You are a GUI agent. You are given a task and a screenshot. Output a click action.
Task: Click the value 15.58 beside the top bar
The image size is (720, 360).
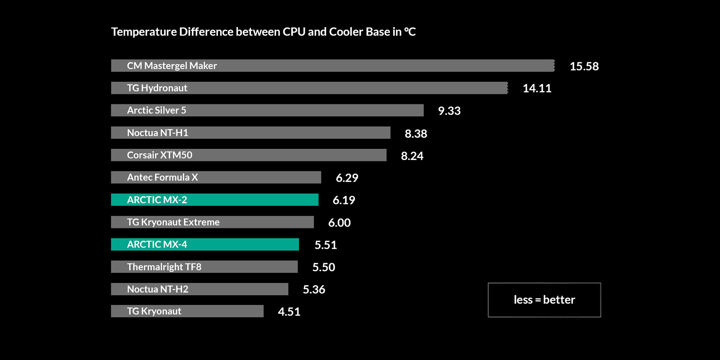[x=584, y=66]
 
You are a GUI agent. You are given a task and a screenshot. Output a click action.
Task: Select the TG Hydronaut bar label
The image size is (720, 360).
[x=157, y=88]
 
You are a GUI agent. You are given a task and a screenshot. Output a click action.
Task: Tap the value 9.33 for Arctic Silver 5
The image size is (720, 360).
[x=449, y=111]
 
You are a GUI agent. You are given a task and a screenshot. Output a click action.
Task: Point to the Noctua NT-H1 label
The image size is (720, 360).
[x=158, y=133]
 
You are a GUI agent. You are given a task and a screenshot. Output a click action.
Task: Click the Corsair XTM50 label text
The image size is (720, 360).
[x=160, y=155]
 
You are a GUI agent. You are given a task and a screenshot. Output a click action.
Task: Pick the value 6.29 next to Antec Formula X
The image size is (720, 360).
[x=347, y=178]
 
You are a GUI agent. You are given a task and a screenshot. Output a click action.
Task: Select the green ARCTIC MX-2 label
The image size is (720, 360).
[x=157, y=200]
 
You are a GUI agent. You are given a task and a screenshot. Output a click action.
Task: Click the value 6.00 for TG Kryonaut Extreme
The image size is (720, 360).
[x=339, y=223]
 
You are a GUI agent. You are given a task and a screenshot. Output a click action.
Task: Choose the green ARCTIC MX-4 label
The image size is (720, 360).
[x=157, y=244]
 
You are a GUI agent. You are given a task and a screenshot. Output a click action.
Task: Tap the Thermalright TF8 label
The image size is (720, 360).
[x=164, y=267]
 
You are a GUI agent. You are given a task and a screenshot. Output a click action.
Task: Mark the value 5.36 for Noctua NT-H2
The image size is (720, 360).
[x=314, y=290]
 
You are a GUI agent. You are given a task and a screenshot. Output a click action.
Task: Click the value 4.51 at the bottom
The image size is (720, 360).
[x=289, y=312]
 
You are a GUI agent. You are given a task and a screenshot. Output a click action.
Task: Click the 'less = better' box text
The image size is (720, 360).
[x=544, y=300]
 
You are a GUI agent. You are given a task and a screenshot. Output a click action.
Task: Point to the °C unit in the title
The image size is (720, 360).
[x=410, y=32]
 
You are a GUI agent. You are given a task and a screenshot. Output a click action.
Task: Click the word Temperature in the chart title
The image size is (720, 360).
[x=144, y=32]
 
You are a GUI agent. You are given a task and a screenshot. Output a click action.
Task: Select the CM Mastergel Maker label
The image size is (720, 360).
[x=172, y=66]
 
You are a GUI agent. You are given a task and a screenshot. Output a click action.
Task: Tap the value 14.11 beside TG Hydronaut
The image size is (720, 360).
[x=537, y=88]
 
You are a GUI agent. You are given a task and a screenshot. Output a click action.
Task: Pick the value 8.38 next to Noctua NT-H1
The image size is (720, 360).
[x=416, y=134]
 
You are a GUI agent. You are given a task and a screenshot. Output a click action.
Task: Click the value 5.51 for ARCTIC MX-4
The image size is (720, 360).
[x=326, y=245]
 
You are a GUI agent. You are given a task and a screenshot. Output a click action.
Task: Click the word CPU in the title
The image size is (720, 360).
[x=294, y=32]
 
